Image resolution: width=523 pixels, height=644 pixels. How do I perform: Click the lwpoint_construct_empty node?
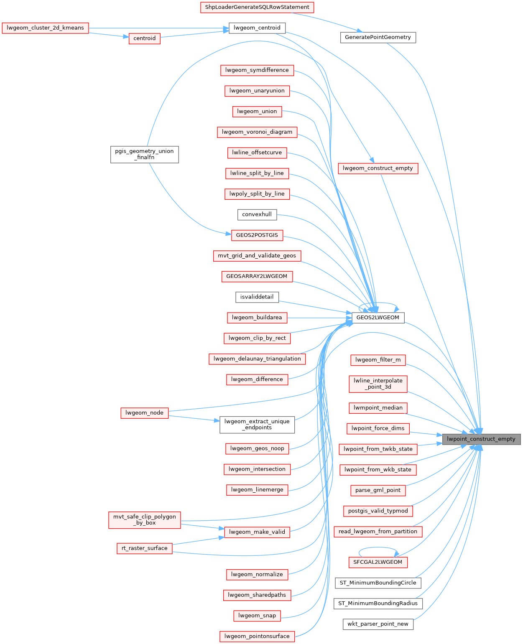481,439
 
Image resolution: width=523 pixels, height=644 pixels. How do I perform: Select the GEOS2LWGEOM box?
378,318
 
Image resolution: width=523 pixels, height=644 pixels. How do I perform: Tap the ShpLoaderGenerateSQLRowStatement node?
257,7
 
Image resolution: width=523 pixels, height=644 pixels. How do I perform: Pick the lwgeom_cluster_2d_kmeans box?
45,28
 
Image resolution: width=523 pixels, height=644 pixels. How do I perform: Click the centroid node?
144,38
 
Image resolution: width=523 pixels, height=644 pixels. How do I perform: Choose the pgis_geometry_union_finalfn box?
144,154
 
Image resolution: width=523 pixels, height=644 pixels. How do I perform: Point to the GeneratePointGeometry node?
378,37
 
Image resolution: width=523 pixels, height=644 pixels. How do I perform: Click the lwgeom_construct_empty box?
378,168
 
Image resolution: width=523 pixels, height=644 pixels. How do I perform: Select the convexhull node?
257,214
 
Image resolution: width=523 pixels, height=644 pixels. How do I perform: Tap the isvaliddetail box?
257,297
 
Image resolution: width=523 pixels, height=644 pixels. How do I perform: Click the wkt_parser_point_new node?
378,624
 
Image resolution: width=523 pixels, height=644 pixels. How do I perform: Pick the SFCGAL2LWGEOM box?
378,562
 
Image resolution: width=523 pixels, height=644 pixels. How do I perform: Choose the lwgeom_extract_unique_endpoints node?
257,425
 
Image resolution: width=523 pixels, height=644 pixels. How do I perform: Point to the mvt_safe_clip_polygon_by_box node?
145,520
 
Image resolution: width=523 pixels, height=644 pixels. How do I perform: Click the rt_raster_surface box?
144,548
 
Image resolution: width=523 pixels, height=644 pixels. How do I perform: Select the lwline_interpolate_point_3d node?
378,384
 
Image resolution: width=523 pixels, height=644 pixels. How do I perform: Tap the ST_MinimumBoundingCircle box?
378,583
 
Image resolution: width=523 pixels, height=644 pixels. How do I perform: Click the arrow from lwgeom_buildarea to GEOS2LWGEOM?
320,318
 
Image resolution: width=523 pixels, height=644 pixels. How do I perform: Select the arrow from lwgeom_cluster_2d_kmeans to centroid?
109,35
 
